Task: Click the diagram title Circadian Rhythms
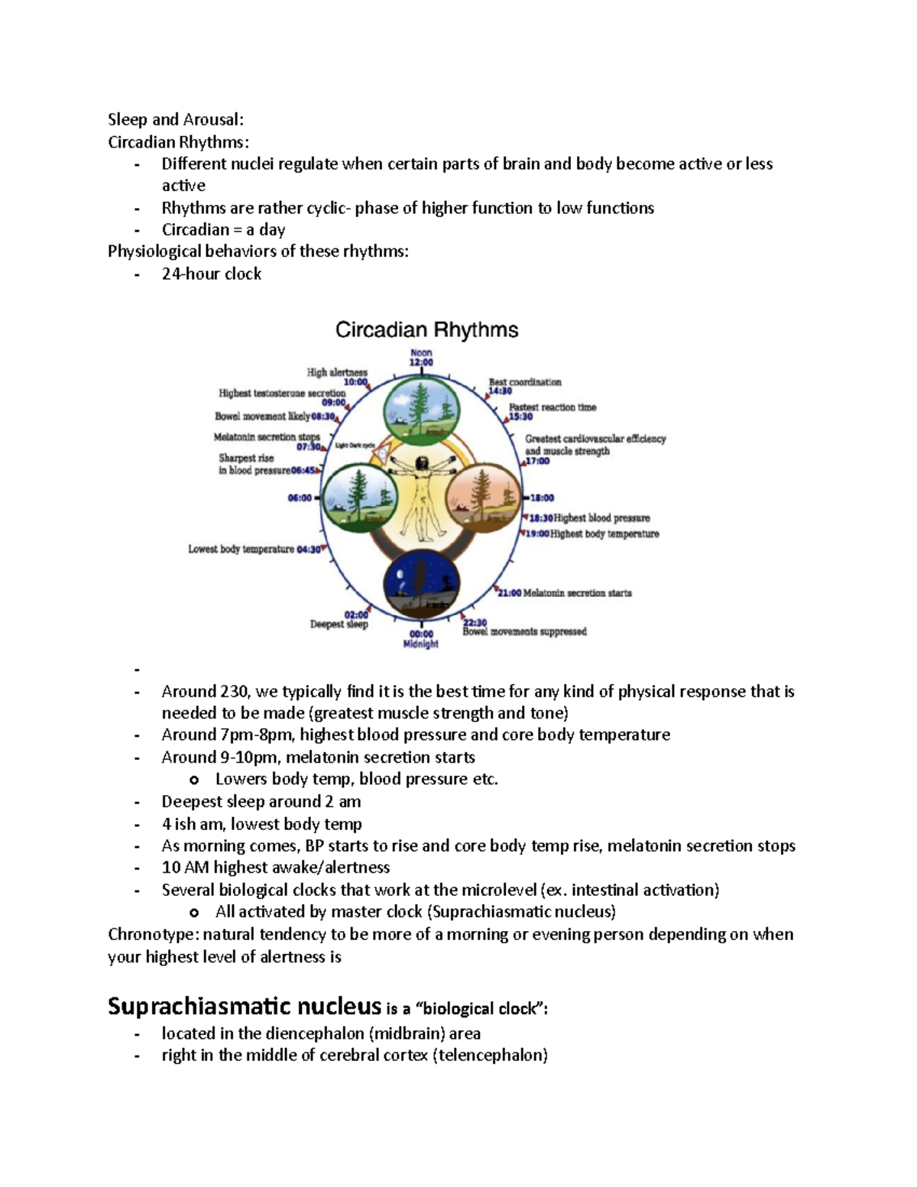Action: pyautogui.click(x=427, y=330)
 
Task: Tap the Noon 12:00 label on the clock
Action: pyautogui.click(x=421, y=358)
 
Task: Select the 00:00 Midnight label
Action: pyautogui.click(x=421, y=639)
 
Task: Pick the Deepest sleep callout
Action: pyautogui.click(x=339, y=624)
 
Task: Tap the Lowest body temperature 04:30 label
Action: pyautogui.click(x=255, y=549)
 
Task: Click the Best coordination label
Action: pyautogui.click(x=525, y=382)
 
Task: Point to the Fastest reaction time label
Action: pyautogui.click(x=552, y=407)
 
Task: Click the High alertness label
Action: pyautogui.click(x=337, y=373)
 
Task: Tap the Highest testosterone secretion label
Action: pyautogui.click(x=282, y=394)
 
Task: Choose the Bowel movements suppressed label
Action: pyautogui.click(x=524, y=631)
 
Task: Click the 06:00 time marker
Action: pyautogui.click(x=300, y=498)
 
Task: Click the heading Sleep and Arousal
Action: pyautogui.click(x=176, y=119)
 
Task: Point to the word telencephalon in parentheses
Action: pyautogui.click(x=493, y=1056)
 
